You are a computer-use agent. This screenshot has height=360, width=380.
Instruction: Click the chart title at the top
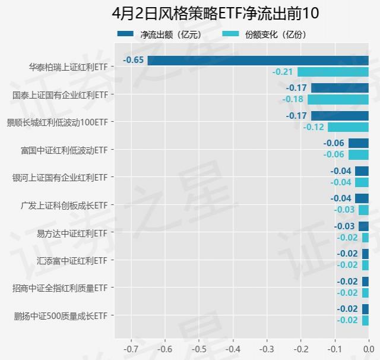[x=189, y=13]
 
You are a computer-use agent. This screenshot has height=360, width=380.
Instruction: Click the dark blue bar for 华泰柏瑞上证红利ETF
[x=258, y=60]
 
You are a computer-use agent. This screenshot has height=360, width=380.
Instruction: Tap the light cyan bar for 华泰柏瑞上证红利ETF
[x=332, y=72]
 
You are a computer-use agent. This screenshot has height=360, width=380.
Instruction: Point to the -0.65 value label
[x=134, y=60]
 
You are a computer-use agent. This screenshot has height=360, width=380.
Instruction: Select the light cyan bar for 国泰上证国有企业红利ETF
[x=338, y=99]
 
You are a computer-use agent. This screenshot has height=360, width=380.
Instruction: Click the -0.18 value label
[x=293, y=99]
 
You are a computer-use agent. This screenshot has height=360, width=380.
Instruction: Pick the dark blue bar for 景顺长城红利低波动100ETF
[x=339, y=115]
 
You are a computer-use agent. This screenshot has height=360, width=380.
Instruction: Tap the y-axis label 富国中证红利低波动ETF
[x=64, y=150]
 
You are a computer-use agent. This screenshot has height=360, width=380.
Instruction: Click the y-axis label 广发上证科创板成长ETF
[x=64, y=205]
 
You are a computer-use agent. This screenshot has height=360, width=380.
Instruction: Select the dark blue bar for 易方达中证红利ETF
[x=363, y=226]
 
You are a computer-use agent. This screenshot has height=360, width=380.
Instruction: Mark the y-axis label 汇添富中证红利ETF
[x=71, y=260]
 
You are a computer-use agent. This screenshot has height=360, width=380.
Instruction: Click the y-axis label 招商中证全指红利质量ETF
[x=60, y=288]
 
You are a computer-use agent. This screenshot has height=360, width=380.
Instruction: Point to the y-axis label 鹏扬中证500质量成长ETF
[x=61, y=315]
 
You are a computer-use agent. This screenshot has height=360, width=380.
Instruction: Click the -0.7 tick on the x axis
[x=131, y=349]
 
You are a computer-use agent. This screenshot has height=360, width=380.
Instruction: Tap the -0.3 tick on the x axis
[x=267, y=349]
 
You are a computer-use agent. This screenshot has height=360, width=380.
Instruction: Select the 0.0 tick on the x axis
[x=368, y=349]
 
